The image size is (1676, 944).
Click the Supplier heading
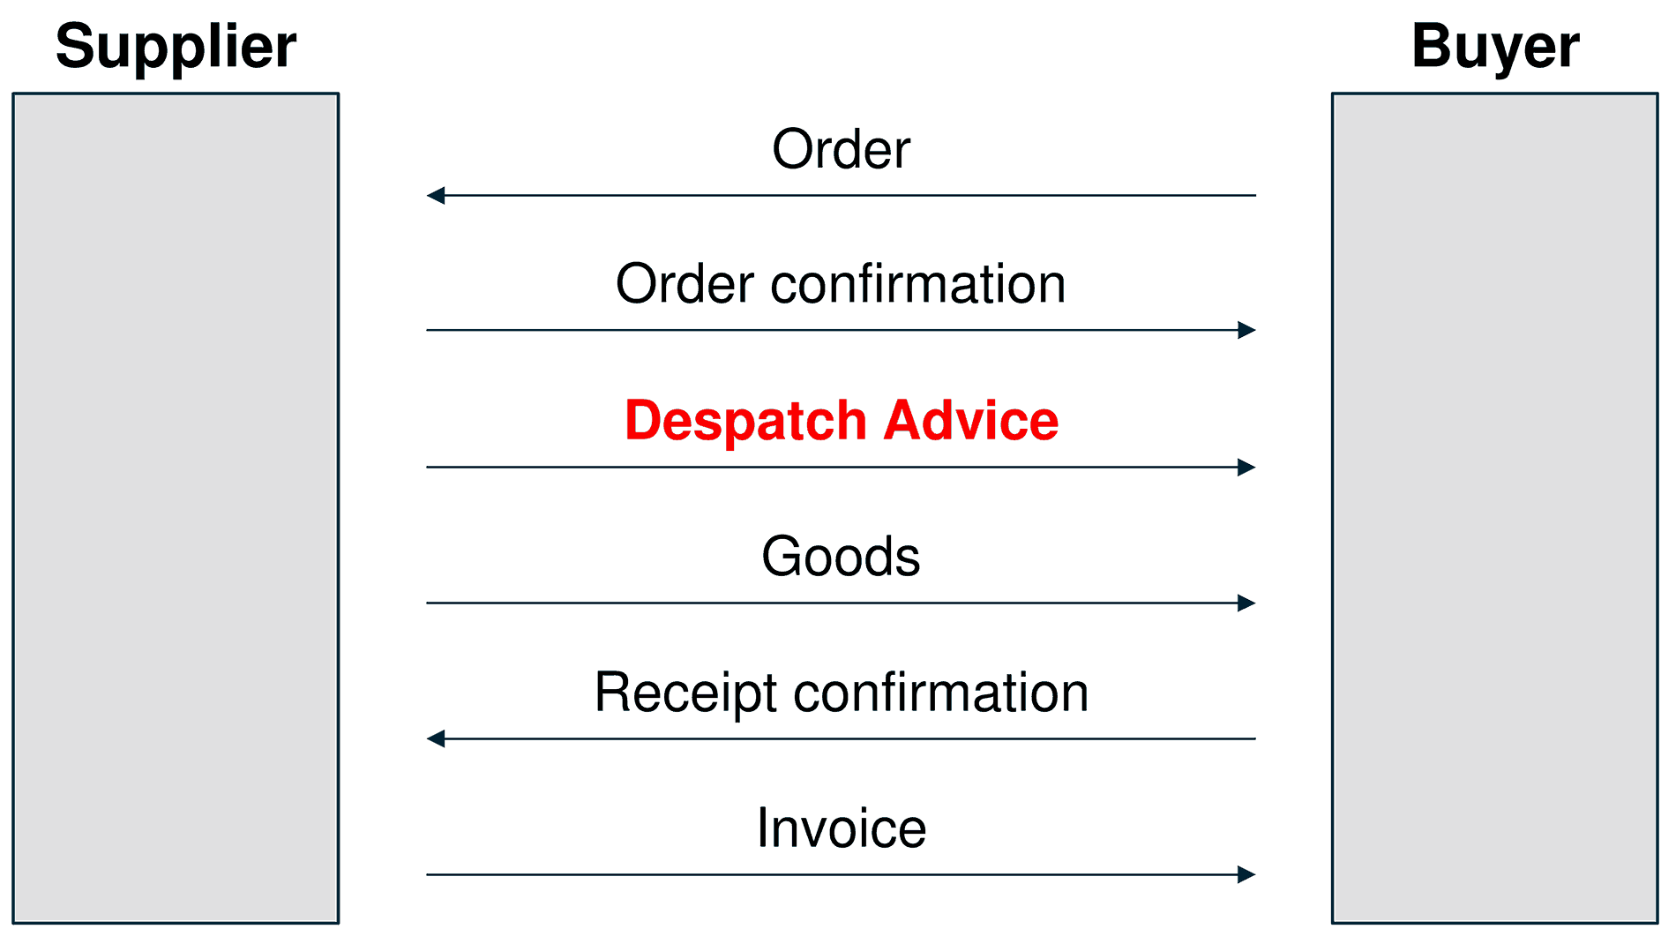(176, 46)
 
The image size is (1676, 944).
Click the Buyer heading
(1494, 46)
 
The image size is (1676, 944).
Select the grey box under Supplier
(176, 508)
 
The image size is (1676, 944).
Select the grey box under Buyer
(1494, 508)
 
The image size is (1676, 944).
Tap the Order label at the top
(841, 149)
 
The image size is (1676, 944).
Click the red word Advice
(970, 420)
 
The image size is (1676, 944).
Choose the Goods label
(841, 557)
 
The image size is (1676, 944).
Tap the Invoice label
(841, 828)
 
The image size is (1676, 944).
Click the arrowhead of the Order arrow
(436, 195)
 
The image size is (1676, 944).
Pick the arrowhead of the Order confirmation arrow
(1246, 330)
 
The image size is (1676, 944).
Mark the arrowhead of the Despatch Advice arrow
(1246, 467)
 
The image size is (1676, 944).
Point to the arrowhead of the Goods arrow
(1246, 603)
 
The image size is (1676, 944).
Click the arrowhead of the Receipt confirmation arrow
(436, 738)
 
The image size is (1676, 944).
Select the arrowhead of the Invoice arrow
(1246, 874)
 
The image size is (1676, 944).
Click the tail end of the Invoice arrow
(430, 874)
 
